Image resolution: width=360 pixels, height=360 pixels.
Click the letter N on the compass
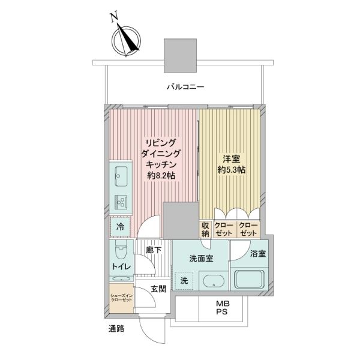coord(115,17)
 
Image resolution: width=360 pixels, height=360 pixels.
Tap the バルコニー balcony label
coord(185,87)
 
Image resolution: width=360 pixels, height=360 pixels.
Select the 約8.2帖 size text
coord(161,176)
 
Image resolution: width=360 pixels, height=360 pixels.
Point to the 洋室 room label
coord(232,159)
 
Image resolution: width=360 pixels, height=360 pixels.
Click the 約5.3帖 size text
coord(232,170)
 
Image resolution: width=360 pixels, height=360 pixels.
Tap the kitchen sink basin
coord(121,176)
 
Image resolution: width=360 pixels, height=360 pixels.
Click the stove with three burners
coord(121,203)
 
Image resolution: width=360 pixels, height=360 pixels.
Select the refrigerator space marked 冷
coord(121,227)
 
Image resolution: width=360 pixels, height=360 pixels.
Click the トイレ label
coord(121,267)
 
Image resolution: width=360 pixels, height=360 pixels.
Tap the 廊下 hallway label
coord(154,250)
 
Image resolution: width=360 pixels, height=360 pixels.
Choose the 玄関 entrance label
coord(158,289)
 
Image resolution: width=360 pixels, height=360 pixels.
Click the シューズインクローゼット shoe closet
coord(121,298)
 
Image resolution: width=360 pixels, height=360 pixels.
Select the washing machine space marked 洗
coord(184,281)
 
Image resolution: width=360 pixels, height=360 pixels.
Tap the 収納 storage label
coord(205,229)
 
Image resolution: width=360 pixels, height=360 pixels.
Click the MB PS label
coord(223,308)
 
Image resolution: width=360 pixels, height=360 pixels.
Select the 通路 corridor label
coord(116,329)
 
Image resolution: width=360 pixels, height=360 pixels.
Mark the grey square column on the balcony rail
coord(180,55)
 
